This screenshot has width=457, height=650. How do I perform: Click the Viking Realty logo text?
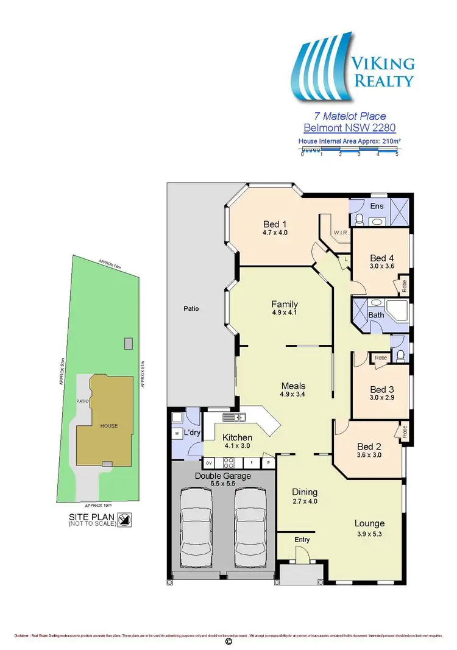pyautogui.click(x=381, y=71)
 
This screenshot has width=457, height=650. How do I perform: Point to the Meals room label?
pyautogui.click(x=293, y=386)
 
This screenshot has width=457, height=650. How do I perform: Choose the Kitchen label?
pyautogui.click(x=237, y=437)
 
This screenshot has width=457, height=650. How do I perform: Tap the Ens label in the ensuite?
pyautogui.click(x=377, y=206)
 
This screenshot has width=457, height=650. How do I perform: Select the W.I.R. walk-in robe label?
pyautogui.click(x=340, y=233)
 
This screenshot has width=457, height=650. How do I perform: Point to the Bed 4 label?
pyautogui.click(x=383, y=258)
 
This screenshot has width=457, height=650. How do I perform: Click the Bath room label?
pyautogui.click(x=376, y=315)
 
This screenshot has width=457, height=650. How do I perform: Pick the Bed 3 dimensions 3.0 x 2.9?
pyautogui.click(x=382, y=398)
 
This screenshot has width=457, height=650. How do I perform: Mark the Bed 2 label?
pyautogui.click(x=369, y=445)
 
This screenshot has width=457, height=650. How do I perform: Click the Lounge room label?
pyautogui.click(x=369, y=523)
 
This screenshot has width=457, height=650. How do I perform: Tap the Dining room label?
pyautogui.click(x=305, y=492)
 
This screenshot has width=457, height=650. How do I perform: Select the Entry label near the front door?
pyautogui.click(x=302, y=540)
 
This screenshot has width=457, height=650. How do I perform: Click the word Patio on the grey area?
pyautogui.click(x=190, y=308)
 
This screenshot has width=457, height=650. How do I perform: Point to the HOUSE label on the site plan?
pyautogui.click(x=109, y=426)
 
